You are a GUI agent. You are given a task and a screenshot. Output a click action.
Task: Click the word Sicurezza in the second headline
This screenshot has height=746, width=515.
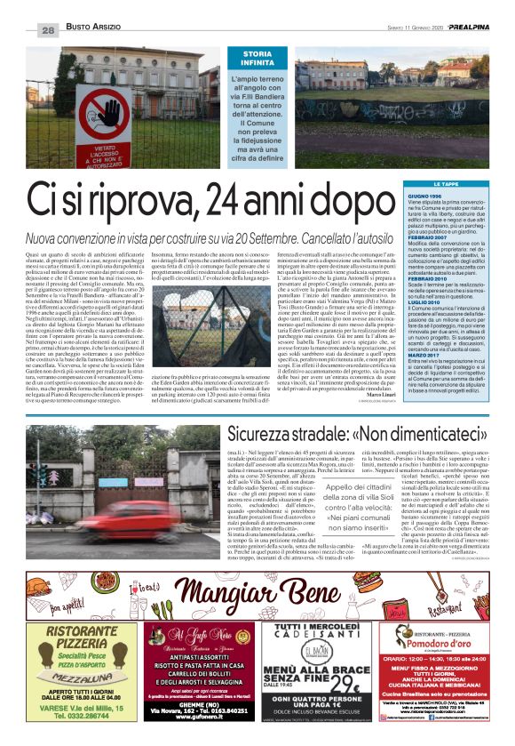click(x=266, y=435)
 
